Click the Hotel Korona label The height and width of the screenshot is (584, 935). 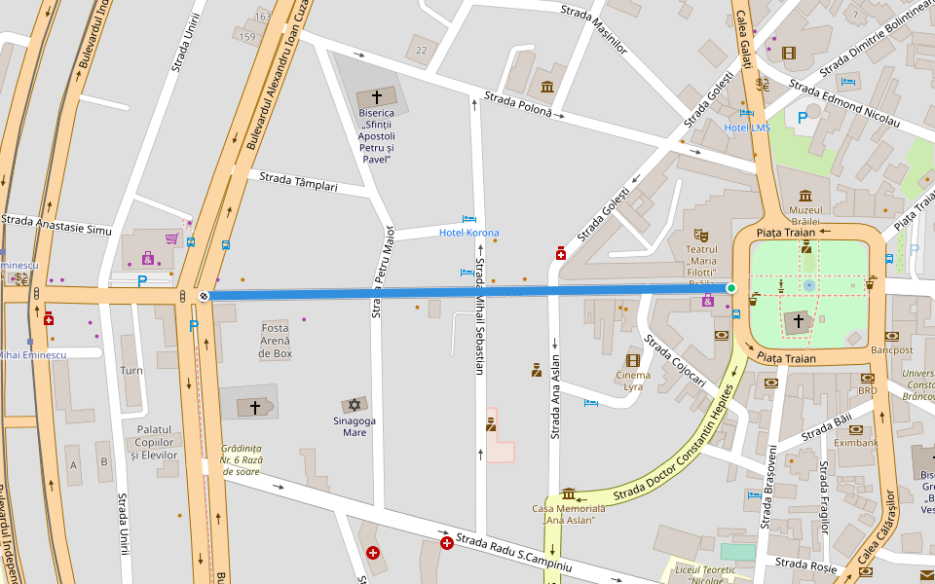[x=468, y=233]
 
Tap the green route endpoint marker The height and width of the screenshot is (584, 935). [x=731, y=288]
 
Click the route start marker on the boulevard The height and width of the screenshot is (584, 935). [x=204, y=296]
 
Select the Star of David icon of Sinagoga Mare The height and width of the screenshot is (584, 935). [x=354, y=404]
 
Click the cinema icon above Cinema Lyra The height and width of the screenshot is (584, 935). [x=633, y=360]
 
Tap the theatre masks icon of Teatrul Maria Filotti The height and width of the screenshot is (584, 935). [x=700, y=235]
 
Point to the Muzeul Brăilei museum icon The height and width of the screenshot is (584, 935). [x=805, y=196]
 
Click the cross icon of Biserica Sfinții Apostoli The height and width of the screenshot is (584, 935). [x=376, y=97]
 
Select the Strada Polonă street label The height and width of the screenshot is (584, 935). [x=518, y=104]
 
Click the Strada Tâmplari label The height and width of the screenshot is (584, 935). [x=298, y=182]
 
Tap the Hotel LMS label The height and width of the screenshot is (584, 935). [x=747, y=128]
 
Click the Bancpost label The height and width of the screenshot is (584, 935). [x=891, y=349]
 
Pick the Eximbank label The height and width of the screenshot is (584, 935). [x=857, y=443]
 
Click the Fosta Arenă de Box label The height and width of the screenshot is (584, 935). [x=276, y=341]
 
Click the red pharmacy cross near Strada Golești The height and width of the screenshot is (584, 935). [x=561, y=254]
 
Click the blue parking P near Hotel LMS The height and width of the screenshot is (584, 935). [x=804, y=118]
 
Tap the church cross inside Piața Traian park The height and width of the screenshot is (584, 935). [x=799, y=320]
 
